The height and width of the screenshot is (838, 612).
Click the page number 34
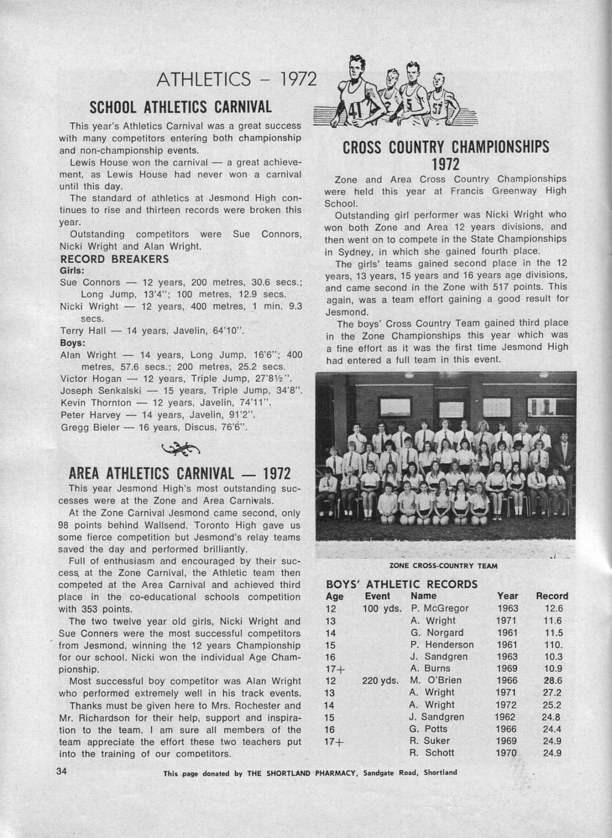pos(62,770)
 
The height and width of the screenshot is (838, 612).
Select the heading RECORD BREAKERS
pos(115,259)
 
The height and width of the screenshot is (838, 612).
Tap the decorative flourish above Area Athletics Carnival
pos(180,448)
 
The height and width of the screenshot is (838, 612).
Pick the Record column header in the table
pos(552,596)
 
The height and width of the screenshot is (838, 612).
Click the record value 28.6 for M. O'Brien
pos(553,681)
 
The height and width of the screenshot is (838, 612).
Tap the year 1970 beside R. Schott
pos(507,753)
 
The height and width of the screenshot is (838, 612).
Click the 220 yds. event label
pos(380,681)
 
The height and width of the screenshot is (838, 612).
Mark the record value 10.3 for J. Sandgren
pos(553,656)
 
